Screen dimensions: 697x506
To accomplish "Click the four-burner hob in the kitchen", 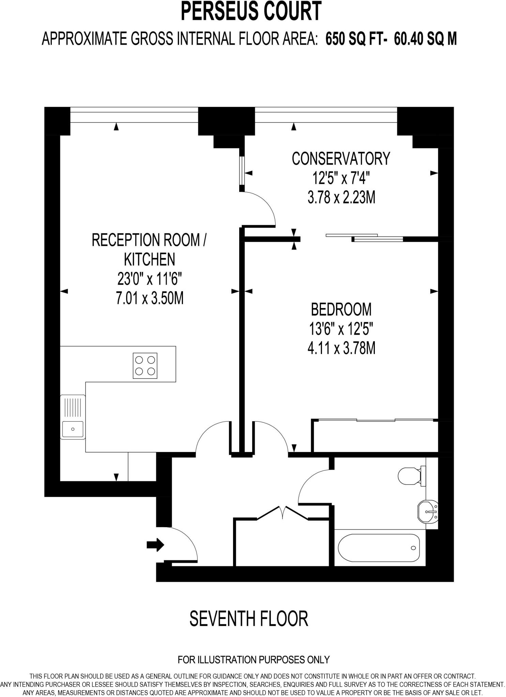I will click(145, 366).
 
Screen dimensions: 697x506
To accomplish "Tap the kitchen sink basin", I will click(73, 429).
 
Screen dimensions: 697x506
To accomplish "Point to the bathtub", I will click(379, 548).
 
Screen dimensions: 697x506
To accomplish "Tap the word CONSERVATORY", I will click(341, 159).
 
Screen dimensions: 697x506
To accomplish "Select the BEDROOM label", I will click(341, 310).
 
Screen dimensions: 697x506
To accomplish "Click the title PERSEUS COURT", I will click(251, 12).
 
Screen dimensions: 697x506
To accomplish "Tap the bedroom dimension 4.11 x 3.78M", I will click(341, 348).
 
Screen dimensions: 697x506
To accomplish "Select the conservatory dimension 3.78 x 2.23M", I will click(341, 197).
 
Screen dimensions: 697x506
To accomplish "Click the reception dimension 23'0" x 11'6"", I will click(150, 279).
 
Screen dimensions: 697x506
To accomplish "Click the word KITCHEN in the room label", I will click(150, 260).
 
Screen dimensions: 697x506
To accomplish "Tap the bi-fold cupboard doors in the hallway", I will click(282, 513).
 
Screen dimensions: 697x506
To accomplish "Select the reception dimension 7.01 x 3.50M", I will click(150, 298).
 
